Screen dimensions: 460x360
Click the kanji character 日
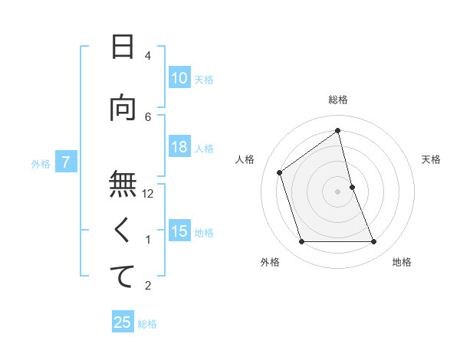click(123, 47)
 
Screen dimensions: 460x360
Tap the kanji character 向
click(123, 109)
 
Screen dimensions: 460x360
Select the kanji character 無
click(123, 184)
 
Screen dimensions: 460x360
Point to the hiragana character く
click(123, 230)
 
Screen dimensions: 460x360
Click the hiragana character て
click(123, 277)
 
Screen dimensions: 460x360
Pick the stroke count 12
click(148, 194)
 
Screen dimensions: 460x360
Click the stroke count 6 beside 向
click(148, 116)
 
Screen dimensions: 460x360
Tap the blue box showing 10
click(179, 78)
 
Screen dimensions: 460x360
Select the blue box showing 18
click(179, 148)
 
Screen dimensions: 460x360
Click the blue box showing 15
click(179, 231)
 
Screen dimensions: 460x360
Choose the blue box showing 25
click(123, 322)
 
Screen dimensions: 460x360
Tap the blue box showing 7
click(67, 162)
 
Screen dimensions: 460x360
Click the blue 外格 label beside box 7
click(41, 163)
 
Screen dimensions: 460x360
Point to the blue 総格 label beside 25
click(147, 324)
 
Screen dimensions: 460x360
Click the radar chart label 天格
click(431, 159)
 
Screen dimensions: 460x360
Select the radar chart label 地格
click(402, 262)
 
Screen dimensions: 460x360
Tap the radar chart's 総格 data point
click(338, 132)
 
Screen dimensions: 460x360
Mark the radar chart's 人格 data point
click(280, 172)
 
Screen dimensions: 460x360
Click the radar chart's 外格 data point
click(301, 242)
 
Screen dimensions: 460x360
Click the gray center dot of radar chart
click(338, 191)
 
